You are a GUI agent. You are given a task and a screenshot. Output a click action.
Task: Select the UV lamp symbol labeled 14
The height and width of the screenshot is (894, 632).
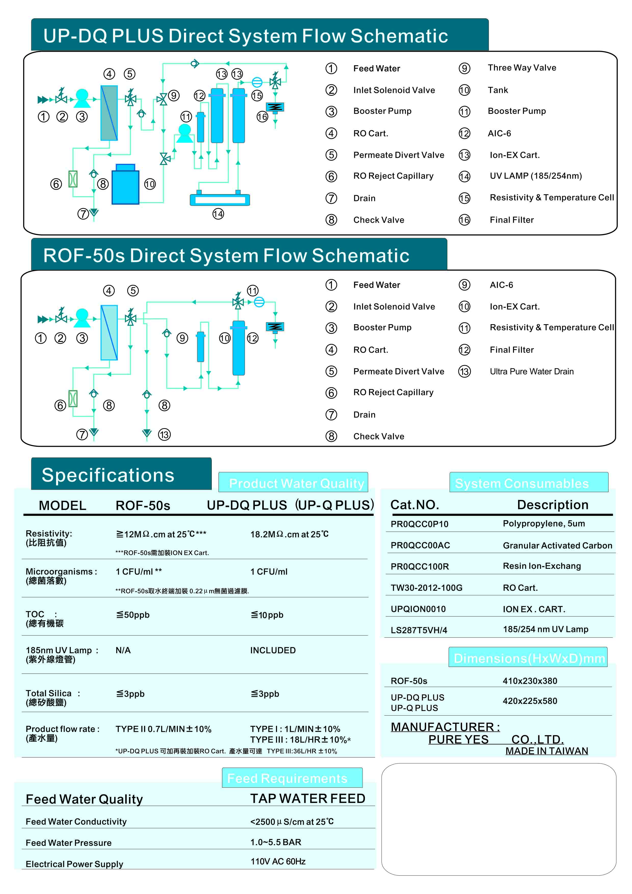[220, 200]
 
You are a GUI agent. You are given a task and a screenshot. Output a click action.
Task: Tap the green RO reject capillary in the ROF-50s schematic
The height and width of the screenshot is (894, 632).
[73, 398]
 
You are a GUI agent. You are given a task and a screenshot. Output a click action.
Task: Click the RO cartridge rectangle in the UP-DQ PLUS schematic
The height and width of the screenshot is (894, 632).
[109, 113]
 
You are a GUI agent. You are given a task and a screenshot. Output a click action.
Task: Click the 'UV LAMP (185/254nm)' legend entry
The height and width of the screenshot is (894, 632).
[535, 176]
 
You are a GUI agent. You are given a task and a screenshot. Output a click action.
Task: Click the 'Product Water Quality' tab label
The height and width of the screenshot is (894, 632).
[296, 483]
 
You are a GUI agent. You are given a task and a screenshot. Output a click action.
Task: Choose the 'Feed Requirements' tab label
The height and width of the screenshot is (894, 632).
[287, 778]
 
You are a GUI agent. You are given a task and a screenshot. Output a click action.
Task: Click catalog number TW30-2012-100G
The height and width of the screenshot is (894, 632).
[426, 588]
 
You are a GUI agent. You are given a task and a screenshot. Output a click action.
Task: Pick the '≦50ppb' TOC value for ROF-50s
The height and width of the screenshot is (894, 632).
[133, 615]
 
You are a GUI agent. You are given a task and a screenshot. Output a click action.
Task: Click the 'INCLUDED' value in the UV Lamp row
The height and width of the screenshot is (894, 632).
[273, 650]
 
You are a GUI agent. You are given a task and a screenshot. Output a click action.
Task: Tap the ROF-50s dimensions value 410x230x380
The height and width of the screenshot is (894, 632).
[530, 681]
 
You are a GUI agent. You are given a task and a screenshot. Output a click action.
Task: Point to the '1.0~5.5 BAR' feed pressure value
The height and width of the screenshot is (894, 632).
[275, 842]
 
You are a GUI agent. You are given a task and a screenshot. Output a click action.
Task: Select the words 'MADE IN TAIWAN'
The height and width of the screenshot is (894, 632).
[546, 751]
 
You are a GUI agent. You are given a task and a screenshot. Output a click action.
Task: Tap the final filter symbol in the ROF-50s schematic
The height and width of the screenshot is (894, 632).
[275, 327]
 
